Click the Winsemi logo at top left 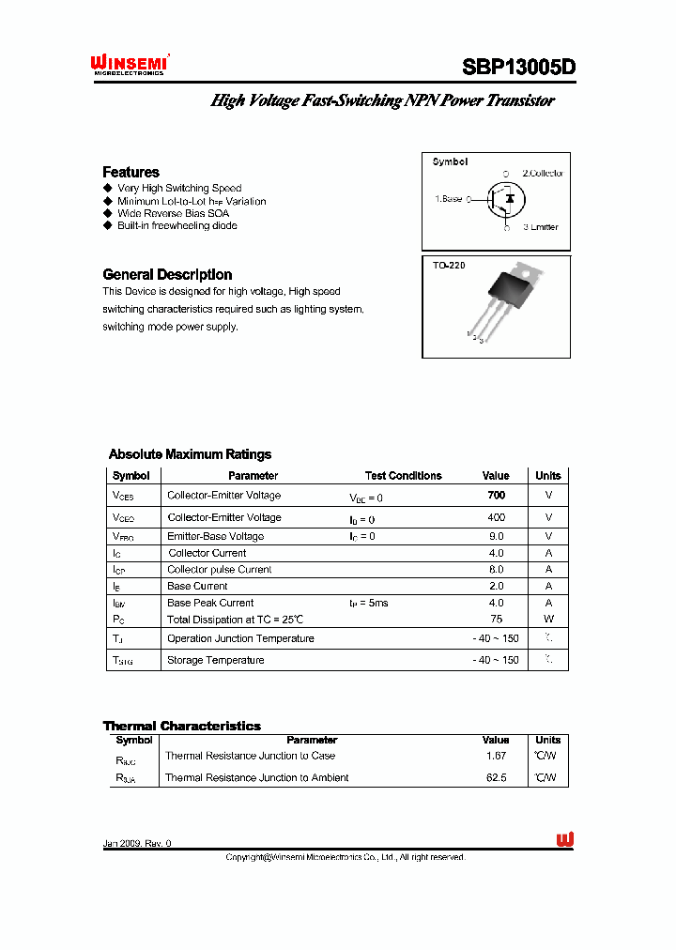(x=129, y=64)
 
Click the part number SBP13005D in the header (x=517, y=67)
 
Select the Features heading (x=131, y=172)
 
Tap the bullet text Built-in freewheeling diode (x=177, y=225)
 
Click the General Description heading (x=167, y=274)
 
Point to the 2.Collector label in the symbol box (x=543, y=174)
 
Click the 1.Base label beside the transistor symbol (x=449, y=199)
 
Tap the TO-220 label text (x=449, y=266)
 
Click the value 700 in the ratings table (x=496, y=495)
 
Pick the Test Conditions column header (x=403, y=476)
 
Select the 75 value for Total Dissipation (x=496, y=620)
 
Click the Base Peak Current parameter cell (x=210, y=603)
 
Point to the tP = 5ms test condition (x=368, y=603)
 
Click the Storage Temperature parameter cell (x=215, y=660)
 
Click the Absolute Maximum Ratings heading (x=190, y=454)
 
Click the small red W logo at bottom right (x=564, y=839)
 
